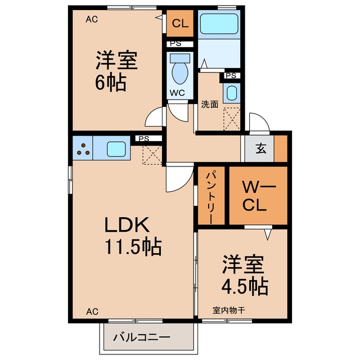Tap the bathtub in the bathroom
tap(219, 24)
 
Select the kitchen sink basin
tap(116, 149)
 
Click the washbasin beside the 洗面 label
tap(232, 93)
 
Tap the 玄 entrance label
tap(261, 148)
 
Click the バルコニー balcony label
tap(142, 337)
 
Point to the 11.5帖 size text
tap(133, 247)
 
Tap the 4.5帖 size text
tap(245, 287)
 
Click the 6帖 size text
tap(111, 82)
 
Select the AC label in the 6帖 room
tap(92, 19)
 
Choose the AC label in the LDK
tap(92, 312)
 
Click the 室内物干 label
tap(229, 310)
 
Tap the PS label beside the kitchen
tap(144, 139)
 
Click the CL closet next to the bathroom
tap(180, 23)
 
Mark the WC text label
tap(177, 93)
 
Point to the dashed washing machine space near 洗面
tap(232, 119)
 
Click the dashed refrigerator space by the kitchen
tap(152, 155)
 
